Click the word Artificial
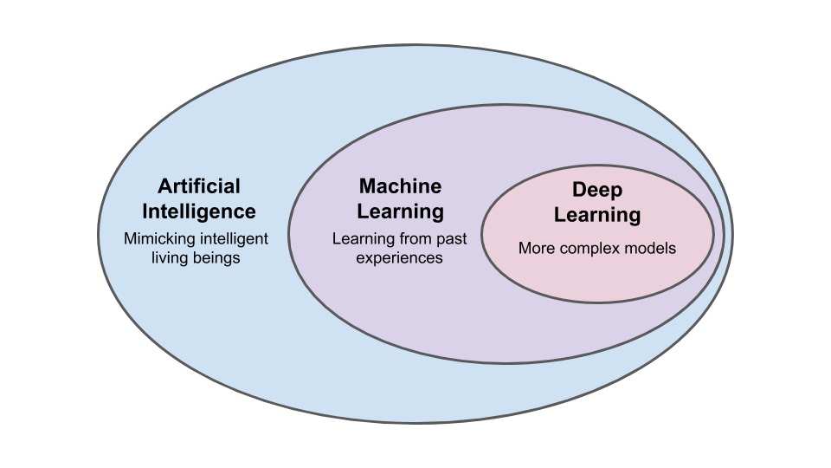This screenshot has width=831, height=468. click(x=199, y=186)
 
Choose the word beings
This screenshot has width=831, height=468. click(x=220, y=257)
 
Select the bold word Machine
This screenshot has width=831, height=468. click(x=400, y=186)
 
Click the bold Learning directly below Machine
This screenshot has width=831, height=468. click(x=400, y=211)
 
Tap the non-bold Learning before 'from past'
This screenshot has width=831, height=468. click(x=361, y=237)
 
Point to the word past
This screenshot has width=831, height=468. click(x=451, y=237)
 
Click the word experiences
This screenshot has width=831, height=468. click(x=400, y=257)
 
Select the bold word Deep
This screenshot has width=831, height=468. click(x=597, y=189)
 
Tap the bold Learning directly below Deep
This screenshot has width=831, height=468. click(x=597, y=214)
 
